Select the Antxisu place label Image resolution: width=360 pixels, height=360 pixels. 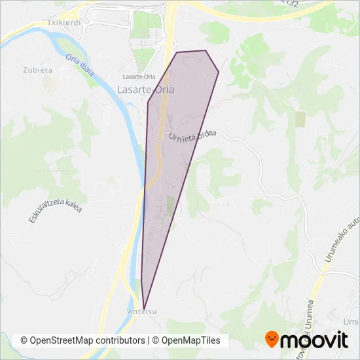143,312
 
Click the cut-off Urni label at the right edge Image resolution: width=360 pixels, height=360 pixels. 352,322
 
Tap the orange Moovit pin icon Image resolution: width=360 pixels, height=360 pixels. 272,340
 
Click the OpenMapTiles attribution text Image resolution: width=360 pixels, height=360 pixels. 190,340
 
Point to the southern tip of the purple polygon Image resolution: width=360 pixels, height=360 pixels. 144,306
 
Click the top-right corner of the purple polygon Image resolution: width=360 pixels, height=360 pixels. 206,50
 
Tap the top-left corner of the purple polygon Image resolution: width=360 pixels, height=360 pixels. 176,52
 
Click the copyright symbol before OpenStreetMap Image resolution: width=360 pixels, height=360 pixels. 24,340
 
